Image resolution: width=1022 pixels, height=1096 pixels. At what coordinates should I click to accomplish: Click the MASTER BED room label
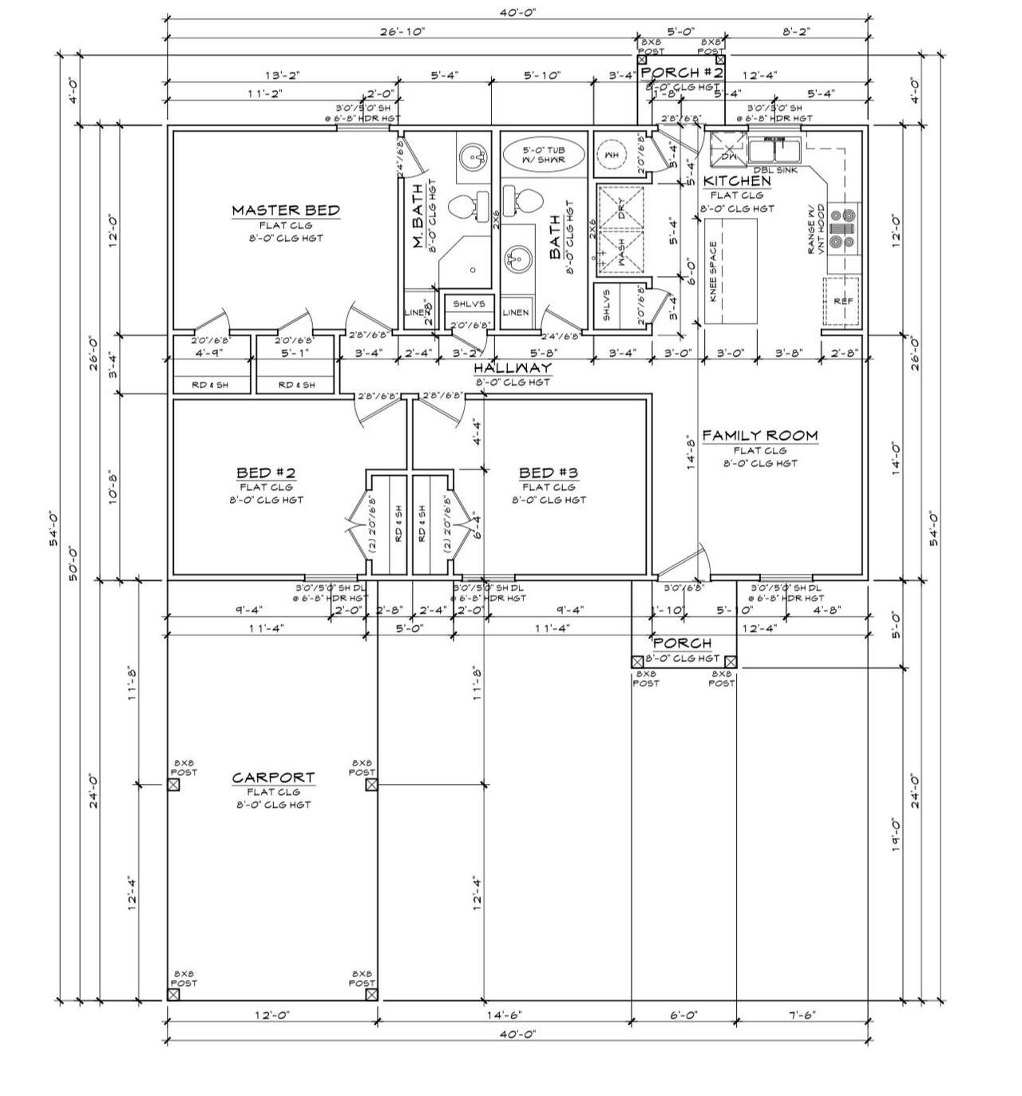[285, 211]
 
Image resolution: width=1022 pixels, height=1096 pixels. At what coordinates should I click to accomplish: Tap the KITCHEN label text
[736, 181]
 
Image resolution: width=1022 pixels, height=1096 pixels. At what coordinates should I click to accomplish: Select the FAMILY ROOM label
[759, 435]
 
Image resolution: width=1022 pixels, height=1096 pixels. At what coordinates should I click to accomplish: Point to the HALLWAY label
[512, 368]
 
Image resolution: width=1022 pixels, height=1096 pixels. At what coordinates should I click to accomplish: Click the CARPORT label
[273, 777]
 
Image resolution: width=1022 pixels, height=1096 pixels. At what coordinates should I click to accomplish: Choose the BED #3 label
[548, 473]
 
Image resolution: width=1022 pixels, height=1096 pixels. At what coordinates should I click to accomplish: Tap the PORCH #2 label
[682, 73]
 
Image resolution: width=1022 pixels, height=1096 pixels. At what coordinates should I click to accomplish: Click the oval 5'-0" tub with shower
[543, 154]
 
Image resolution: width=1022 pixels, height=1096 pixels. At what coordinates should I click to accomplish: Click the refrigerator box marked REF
[842, 302]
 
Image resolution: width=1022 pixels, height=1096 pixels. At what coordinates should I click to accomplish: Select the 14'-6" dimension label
[503, 1015]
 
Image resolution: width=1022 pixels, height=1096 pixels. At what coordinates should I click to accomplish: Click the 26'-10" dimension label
[402, 31]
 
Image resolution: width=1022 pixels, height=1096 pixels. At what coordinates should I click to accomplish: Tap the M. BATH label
[418, 228]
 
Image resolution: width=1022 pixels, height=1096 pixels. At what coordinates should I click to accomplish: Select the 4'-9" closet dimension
[209, 352]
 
